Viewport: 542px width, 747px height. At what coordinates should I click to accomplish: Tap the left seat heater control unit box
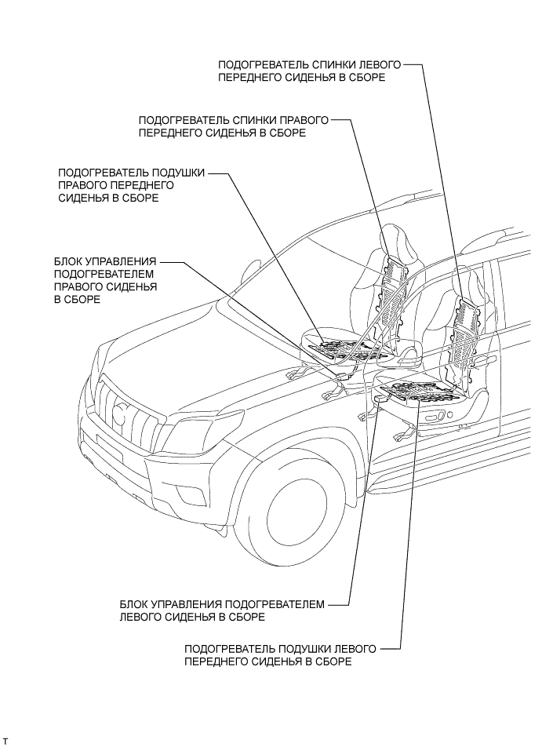(x=380, y=399)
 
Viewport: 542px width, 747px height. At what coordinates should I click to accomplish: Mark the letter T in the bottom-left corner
(x=5, y=741)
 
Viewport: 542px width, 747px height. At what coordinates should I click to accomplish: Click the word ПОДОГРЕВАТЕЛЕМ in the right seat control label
(x=104, y=273)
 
